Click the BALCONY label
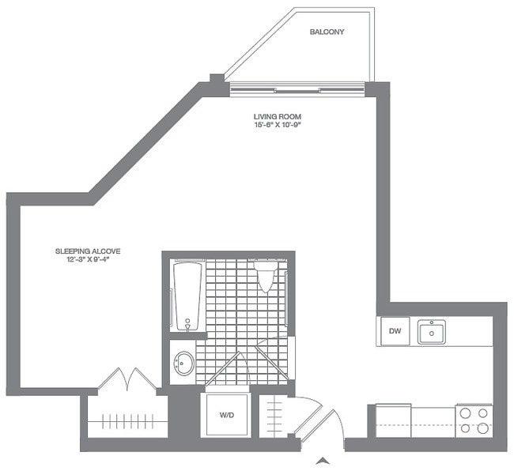[326, 32]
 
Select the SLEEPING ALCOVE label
[88, 251]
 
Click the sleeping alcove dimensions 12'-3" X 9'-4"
[88, 260]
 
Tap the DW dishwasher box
[393, 332]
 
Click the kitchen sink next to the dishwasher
[431, 331]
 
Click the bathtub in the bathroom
[187, 296]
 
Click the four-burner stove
[474, 420]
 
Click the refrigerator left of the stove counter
[393, 420]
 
